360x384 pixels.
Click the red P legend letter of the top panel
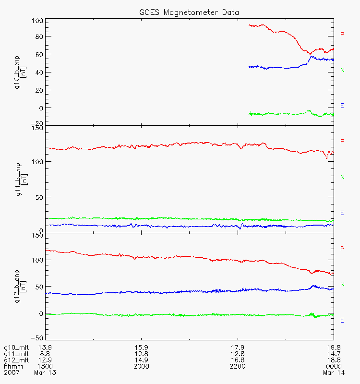pyautogui.click(x=342, y=35)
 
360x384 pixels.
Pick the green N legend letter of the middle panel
pyautogui.click(x=342, y=178)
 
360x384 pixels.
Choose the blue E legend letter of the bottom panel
pyautogui.click(x=342, y=320)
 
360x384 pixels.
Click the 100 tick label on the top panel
pyautogui.click(x=37, y=21)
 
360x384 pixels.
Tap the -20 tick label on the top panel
pyautogui.click(x=37, y=123)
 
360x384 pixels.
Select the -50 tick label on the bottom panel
pyautogui.click(x=37, y=337)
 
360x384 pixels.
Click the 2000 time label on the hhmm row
pyautogui.click(x=142, y=366)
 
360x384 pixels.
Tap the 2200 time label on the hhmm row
pyautogui.click(x=238, y=366)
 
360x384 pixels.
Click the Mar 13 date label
pyautogui.click(x=45, y=372)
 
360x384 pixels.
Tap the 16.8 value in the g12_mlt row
pyautogui.click(x=238, y=360)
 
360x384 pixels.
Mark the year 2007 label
pyautogui.click(x=11, y=372)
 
